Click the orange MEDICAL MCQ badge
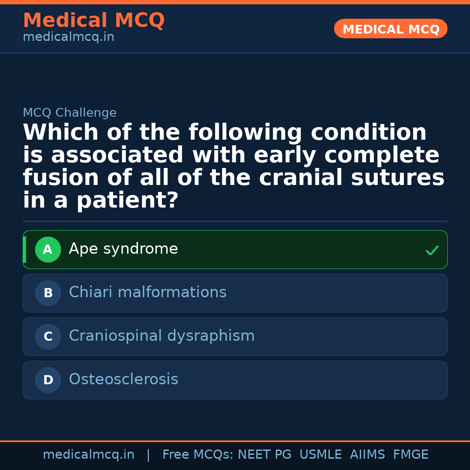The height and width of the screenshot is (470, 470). (390, 29)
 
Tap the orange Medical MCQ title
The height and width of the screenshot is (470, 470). (94, 20)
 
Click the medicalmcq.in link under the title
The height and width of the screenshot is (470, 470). (68, 37)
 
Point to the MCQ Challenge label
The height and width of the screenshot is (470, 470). (70, 113)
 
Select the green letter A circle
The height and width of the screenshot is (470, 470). (48, 249)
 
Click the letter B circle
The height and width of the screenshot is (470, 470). (48, 293)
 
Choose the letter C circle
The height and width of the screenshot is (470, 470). (48, 336)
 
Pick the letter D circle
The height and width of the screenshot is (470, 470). (48, 380)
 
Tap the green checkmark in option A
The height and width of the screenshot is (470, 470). (432, 250)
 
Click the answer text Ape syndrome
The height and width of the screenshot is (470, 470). (123, 249)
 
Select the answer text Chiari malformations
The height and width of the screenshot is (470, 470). (148, 292)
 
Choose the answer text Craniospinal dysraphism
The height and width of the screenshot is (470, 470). (161, 336)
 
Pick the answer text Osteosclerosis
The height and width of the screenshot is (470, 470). (124, 379)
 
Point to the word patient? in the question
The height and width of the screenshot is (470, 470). (128, 201)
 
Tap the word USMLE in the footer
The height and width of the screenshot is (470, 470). (320, 455)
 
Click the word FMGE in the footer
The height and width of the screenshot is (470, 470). (410, 455)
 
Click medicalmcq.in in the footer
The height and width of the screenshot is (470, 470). (88, 455)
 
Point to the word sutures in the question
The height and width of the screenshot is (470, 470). (398, 178)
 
